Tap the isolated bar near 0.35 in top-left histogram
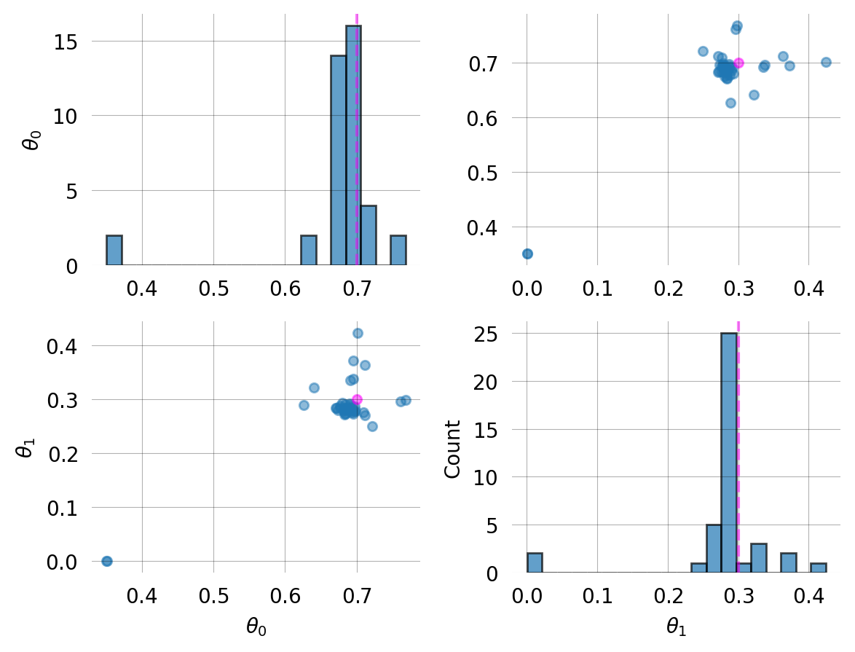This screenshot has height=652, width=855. tap(114, 250)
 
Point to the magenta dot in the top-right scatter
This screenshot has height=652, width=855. tap(738, 63)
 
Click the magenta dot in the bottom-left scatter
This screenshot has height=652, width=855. tap(357, 399)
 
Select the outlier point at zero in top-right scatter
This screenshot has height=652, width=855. tap(527, 254)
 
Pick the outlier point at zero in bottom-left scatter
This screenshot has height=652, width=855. tap(107, 561)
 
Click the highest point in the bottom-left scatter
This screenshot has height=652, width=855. tap(358, 333)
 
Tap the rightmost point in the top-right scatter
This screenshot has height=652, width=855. tap(826, 62)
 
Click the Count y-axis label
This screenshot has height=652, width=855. tap(453, 449)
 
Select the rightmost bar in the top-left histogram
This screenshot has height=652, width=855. tap(398, 250)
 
